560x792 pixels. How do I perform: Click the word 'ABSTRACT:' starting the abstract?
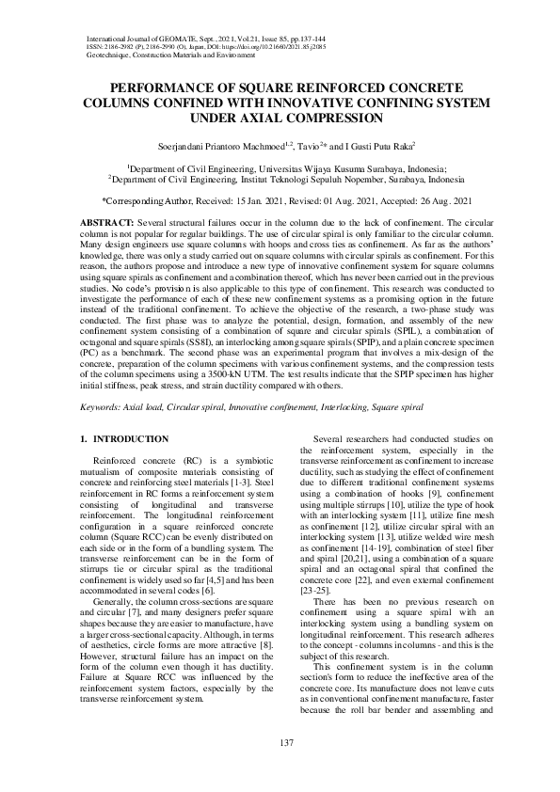click(x=108, y=219)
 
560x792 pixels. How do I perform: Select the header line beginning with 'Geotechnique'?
click(x=170, y=55)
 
